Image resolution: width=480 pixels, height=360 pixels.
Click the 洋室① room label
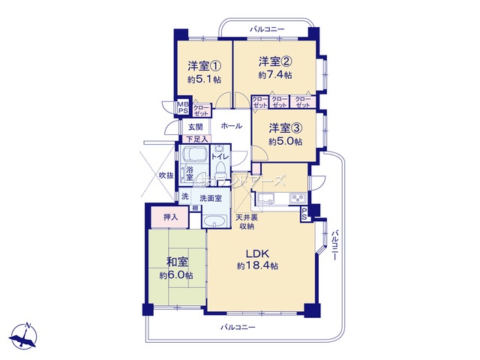[x=200, y=64]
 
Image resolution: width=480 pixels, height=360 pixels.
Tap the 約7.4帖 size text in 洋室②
[x=274, y=75]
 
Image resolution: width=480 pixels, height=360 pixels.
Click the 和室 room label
[x=176, y=262]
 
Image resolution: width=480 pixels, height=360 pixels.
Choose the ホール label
[x=231, y=126]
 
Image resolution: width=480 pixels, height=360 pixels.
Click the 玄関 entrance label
[x=196, y=127]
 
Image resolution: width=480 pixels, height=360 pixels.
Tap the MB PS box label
[x=183, y=108]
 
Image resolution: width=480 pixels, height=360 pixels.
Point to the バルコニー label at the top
[x=267, y=28]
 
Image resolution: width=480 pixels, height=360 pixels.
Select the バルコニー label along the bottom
[x=238, y=328]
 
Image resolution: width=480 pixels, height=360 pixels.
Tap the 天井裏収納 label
[x=246, y=222]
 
